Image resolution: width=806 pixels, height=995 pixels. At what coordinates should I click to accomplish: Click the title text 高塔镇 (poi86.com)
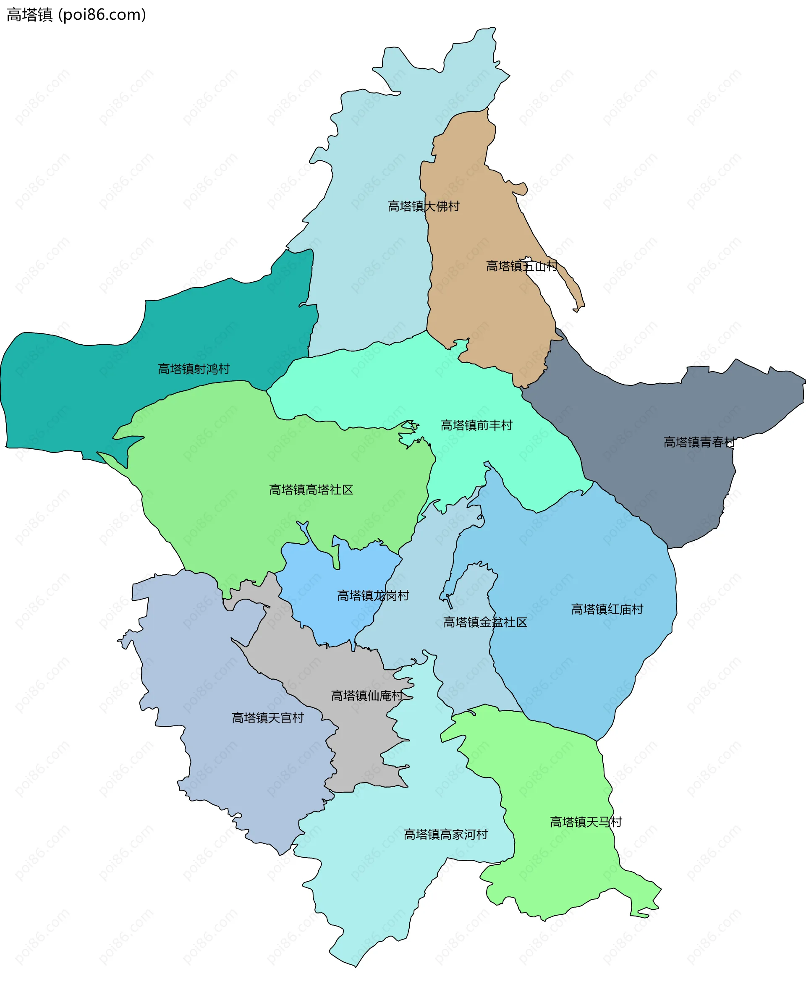click(76, 15)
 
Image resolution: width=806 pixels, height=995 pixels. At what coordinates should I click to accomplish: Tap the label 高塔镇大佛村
click(423, 206)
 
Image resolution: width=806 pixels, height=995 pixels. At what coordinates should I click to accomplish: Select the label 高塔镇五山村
click(521, 266)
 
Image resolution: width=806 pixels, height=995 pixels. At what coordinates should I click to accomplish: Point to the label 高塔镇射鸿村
click(194, 369)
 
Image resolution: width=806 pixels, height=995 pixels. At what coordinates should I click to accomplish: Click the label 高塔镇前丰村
click(476, 425)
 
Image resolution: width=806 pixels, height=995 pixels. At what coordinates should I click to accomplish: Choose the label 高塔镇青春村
click(699, 442)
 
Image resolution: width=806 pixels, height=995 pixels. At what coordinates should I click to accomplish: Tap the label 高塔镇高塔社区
click(311, 490)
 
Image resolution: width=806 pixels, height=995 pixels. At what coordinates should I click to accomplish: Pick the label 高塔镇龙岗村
click(373, 595)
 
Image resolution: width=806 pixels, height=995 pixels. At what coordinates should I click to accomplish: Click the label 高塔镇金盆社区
click(485, 622)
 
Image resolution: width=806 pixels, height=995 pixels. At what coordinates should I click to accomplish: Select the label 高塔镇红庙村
click(607, 609)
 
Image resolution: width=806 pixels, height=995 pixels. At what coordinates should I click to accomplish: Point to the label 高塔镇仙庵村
click(367, 696)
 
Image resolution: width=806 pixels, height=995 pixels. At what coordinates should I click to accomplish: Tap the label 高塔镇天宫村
click(267, 718)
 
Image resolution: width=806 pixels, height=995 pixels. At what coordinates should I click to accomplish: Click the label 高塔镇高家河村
click(445, 834)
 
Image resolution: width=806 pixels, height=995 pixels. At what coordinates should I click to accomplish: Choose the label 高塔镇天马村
click(586, 822)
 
